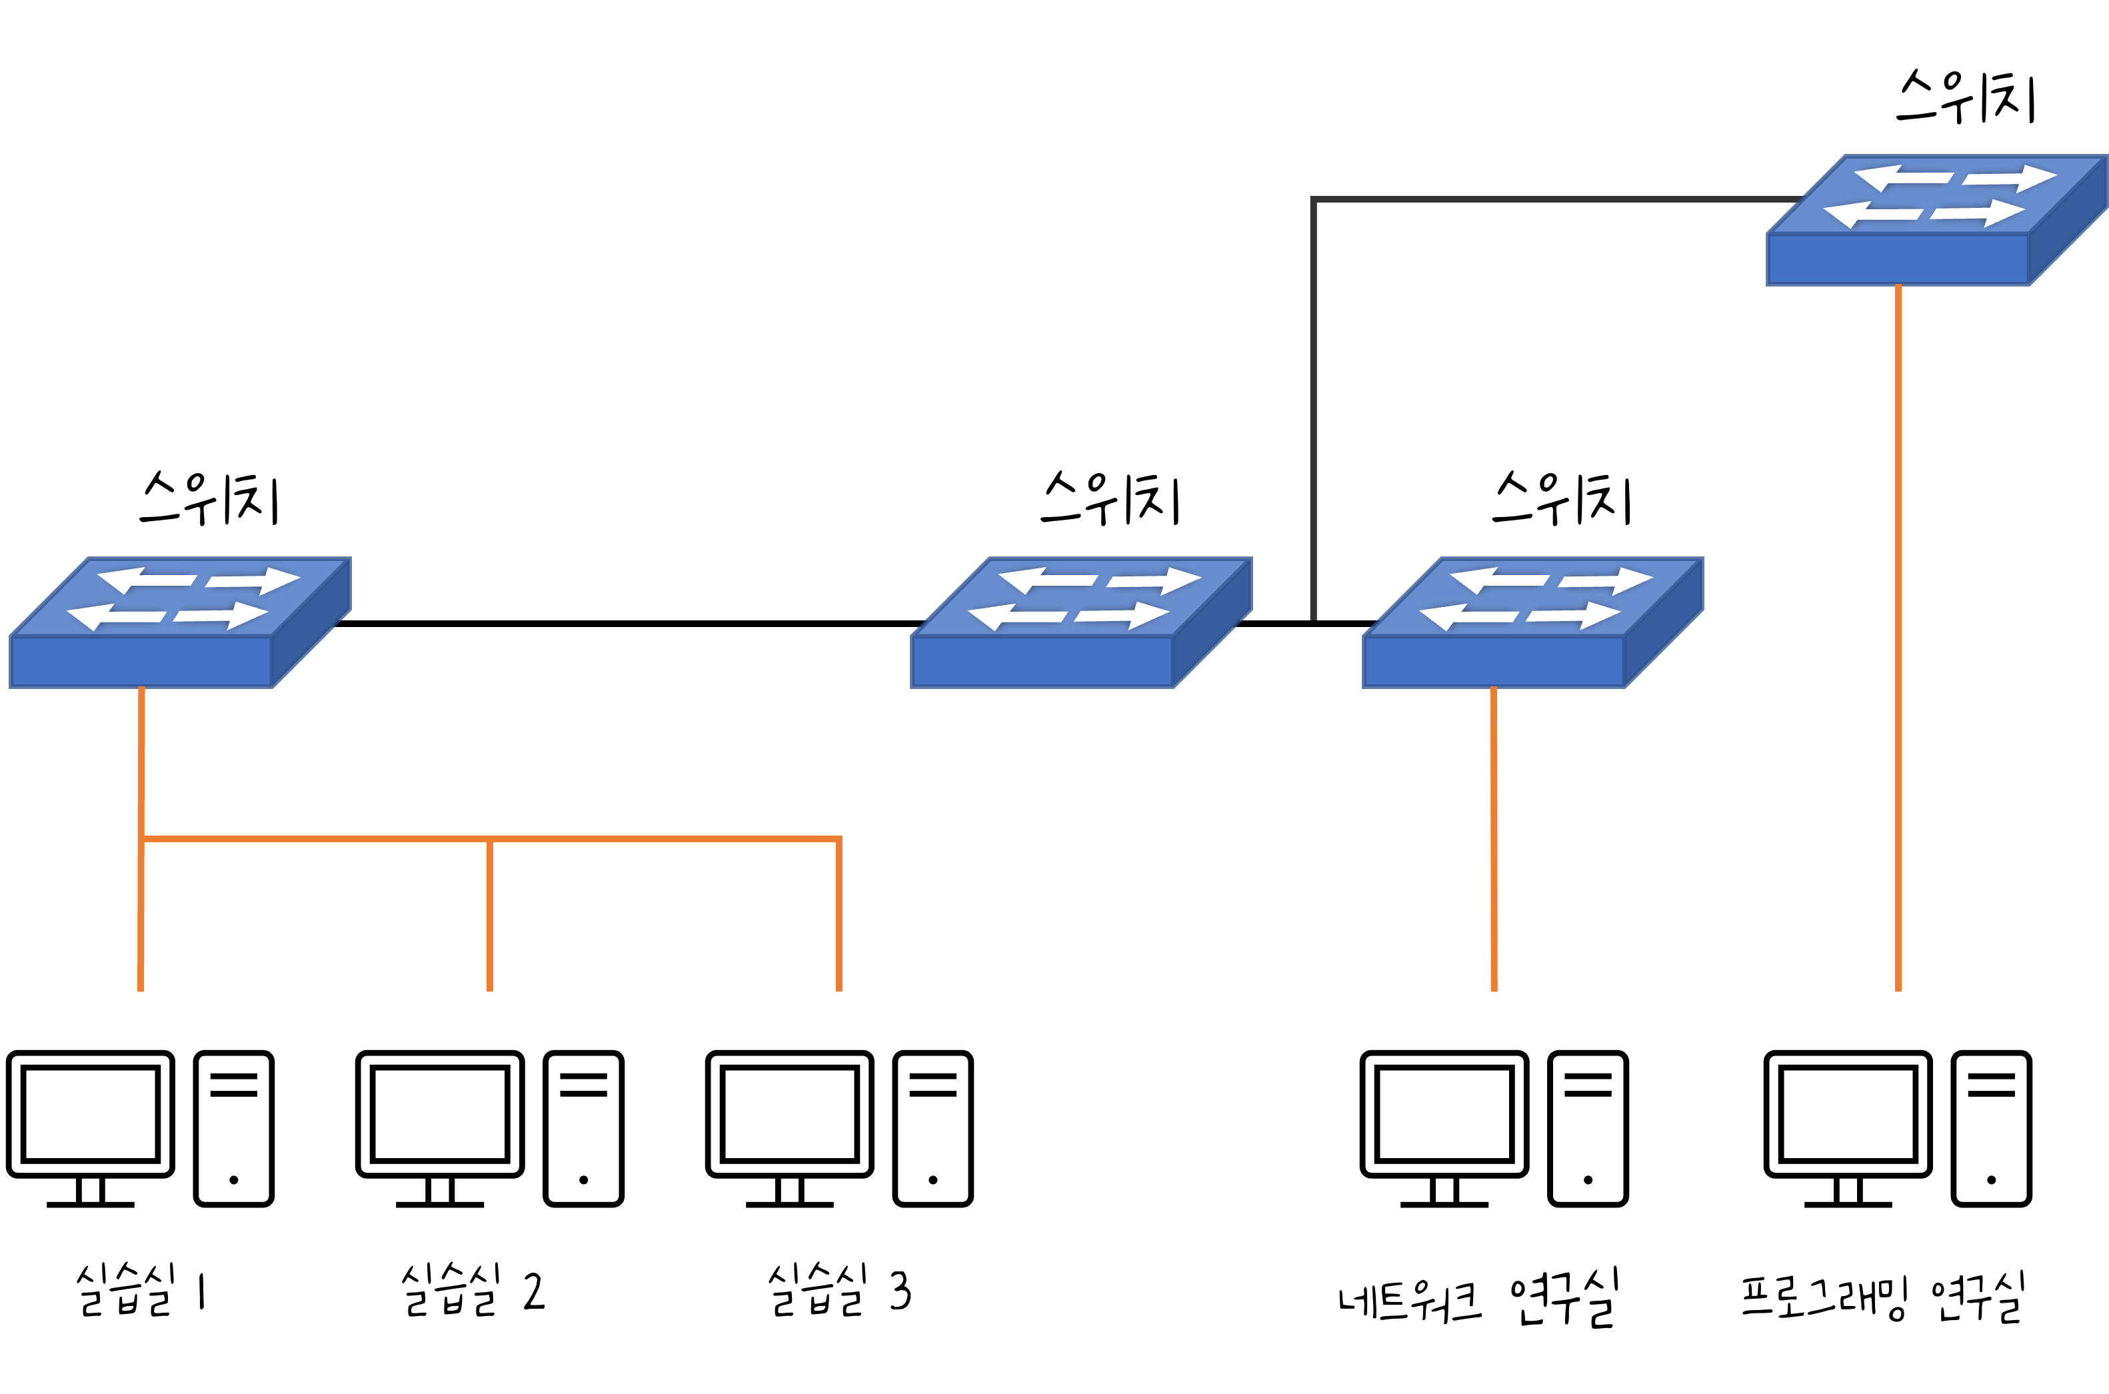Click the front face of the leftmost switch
point(141,662)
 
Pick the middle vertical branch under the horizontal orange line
point(490,916)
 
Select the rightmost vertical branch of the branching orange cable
point(839,916)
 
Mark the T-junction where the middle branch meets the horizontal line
point(490,839)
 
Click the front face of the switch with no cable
point(1042,662)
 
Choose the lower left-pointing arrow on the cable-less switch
point(1017,616)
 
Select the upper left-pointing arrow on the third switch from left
point(1499,580)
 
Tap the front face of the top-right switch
point(1898,260)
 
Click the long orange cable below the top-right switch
point(1898,622)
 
